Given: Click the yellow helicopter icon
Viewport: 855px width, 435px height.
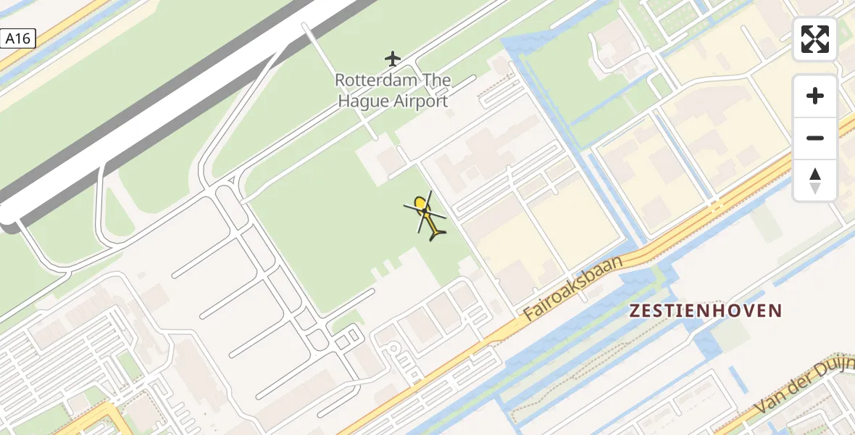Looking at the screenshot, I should point(428,215).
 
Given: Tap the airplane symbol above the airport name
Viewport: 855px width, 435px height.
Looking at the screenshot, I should point(392,58).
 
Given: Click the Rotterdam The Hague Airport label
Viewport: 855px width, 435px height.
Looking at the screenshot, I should point(392,91).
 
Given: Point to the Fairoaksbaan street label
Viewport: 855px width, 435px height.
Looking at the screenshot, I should point(573,288).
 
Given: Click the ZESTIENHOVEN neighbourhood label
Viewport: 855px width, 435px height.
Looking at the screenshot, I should point(706,311).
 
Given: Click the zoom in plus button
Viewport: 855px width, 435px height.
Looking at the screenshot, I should point(815,96).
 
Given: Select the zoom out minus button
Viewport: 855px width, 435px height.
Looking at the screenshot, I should point(815,138).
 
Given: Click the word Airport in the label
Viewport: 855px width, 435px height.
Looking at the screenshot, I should point(420,101).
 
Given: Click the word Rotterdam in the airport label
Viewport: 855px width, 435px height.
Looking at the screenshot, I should point(372,80).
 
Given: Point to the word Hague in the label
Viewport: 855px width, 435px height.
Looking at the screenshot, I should point(364,101).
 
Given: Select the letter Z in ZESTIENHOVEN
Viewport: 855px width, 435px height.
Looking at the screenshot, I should point(635,311).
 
